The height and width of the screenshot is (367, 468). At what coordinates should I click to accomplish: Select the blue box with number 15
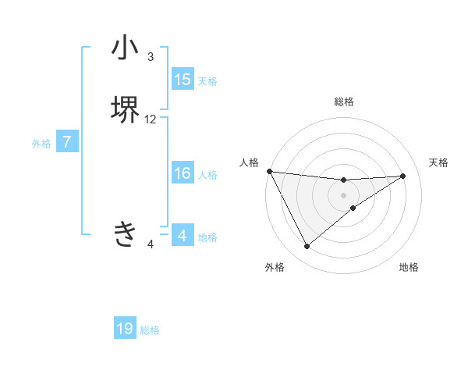point(182,80)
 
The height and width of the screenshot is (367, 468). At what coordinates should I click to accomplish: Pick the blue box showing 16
point(182,173)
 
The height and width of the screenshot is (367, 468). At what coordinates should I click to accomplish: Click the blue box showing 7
point(67,143)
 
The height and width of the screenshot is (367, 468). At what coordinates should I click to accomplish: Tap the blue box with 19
point(125,329)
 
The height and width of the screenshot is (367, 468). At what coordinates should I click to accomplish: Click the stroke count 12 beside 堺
point(151,119)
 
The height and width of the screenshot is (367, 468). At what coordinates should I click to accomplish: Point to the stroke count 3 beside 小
point(151,57)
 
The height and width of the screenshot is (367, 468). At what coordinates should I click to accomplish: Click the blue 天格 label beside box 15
point(207,80)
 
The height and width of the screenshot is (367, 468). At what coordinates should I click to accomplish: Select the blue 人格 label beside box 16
point(207,174)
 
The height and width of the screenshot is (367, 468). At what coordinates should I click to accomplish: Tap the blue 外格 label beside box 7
point(41,144)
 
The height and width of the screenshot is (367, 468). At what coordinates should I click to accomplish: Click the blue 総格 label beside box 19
point(150,330)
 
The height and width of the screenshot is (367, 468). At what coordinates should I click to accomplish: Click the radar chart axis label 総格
point(344,102)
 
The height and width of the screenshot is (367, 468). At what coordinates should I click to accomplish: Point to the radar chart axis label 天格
point(438,162)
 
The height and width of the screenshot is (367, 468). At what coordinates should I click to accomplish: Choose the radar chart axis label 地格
point(409,267)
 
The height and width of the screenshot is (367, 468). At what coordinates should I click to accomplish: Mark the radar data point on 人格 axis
point(269,171)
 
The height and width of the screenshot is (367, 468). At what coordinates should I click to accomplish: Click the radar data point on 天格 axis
point(403,176)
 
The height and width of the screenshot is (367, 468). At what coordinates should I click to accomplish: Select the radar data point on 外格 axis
point(307,247)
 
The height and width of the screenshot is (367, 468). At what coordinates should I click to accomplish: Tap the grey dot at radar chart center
point(344,195)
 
